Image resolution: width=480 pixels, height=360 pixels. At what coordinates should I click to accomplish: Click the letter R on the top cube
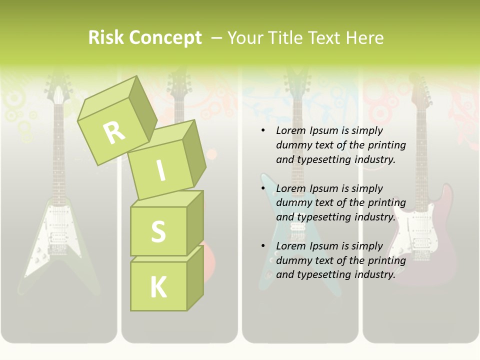tap(114, 132)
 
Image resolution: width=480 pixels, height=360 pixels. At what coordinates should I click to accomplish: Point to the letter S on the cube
tap(158, 231)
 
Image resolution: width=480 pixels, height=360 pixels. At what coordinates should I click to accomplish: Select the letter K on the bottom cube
tap(158, 287)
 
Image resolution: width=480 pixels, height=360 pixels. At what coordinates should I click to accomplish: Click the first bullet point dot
tap(263, 131)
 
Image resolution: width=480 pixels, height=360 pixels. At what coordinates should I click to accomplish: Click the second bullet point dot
tap(263, 188)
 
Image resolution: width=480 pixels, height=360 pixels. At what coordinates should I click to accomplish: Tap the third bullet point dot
tap(263, 246)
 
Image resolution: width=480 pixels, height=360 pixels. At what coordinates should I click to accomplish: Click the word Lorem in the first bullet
tap(290, 130)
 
